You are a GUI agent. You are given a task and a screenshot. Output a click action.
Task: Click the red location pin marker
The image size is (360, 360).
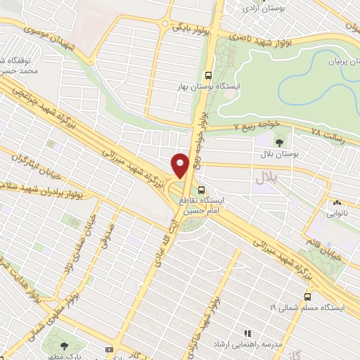click(181, 165)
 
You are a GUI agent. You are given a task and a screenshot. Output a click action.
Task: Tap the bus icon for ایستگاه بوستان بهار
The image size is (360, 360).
click(207, 75)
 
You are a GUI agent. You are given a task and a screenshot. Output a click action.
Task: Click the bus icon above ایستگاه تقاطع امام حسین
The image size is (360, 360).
click(202, 189)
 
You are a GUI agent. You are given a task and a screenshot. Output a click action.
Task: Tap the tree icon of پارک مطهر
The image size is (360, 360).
click(65, 345)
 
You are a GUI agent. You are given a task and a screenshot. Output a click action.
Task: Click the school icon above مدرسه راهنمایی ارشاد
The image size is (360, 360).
click(247, 333)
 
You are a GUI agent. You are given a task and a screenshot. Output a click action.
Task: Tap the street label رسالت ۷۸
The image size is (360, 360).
click(330, 134)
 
